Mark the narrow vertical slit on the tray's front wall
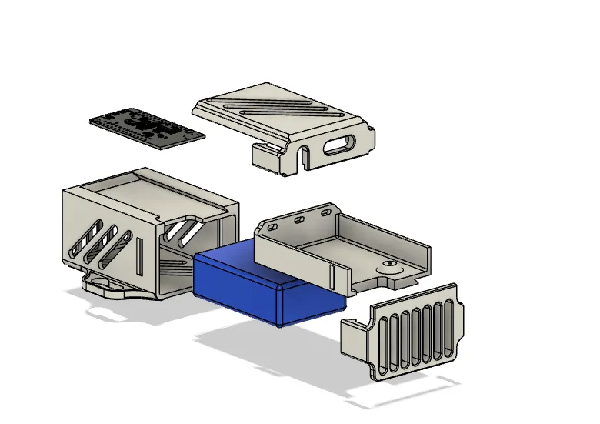pyautogui.click(x=333, y=278)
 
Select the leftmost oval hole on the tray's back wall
pyautogui.click(x=273, y=227)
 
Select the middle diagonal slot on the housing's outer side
pyautogui.click(x=101, y=244)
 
